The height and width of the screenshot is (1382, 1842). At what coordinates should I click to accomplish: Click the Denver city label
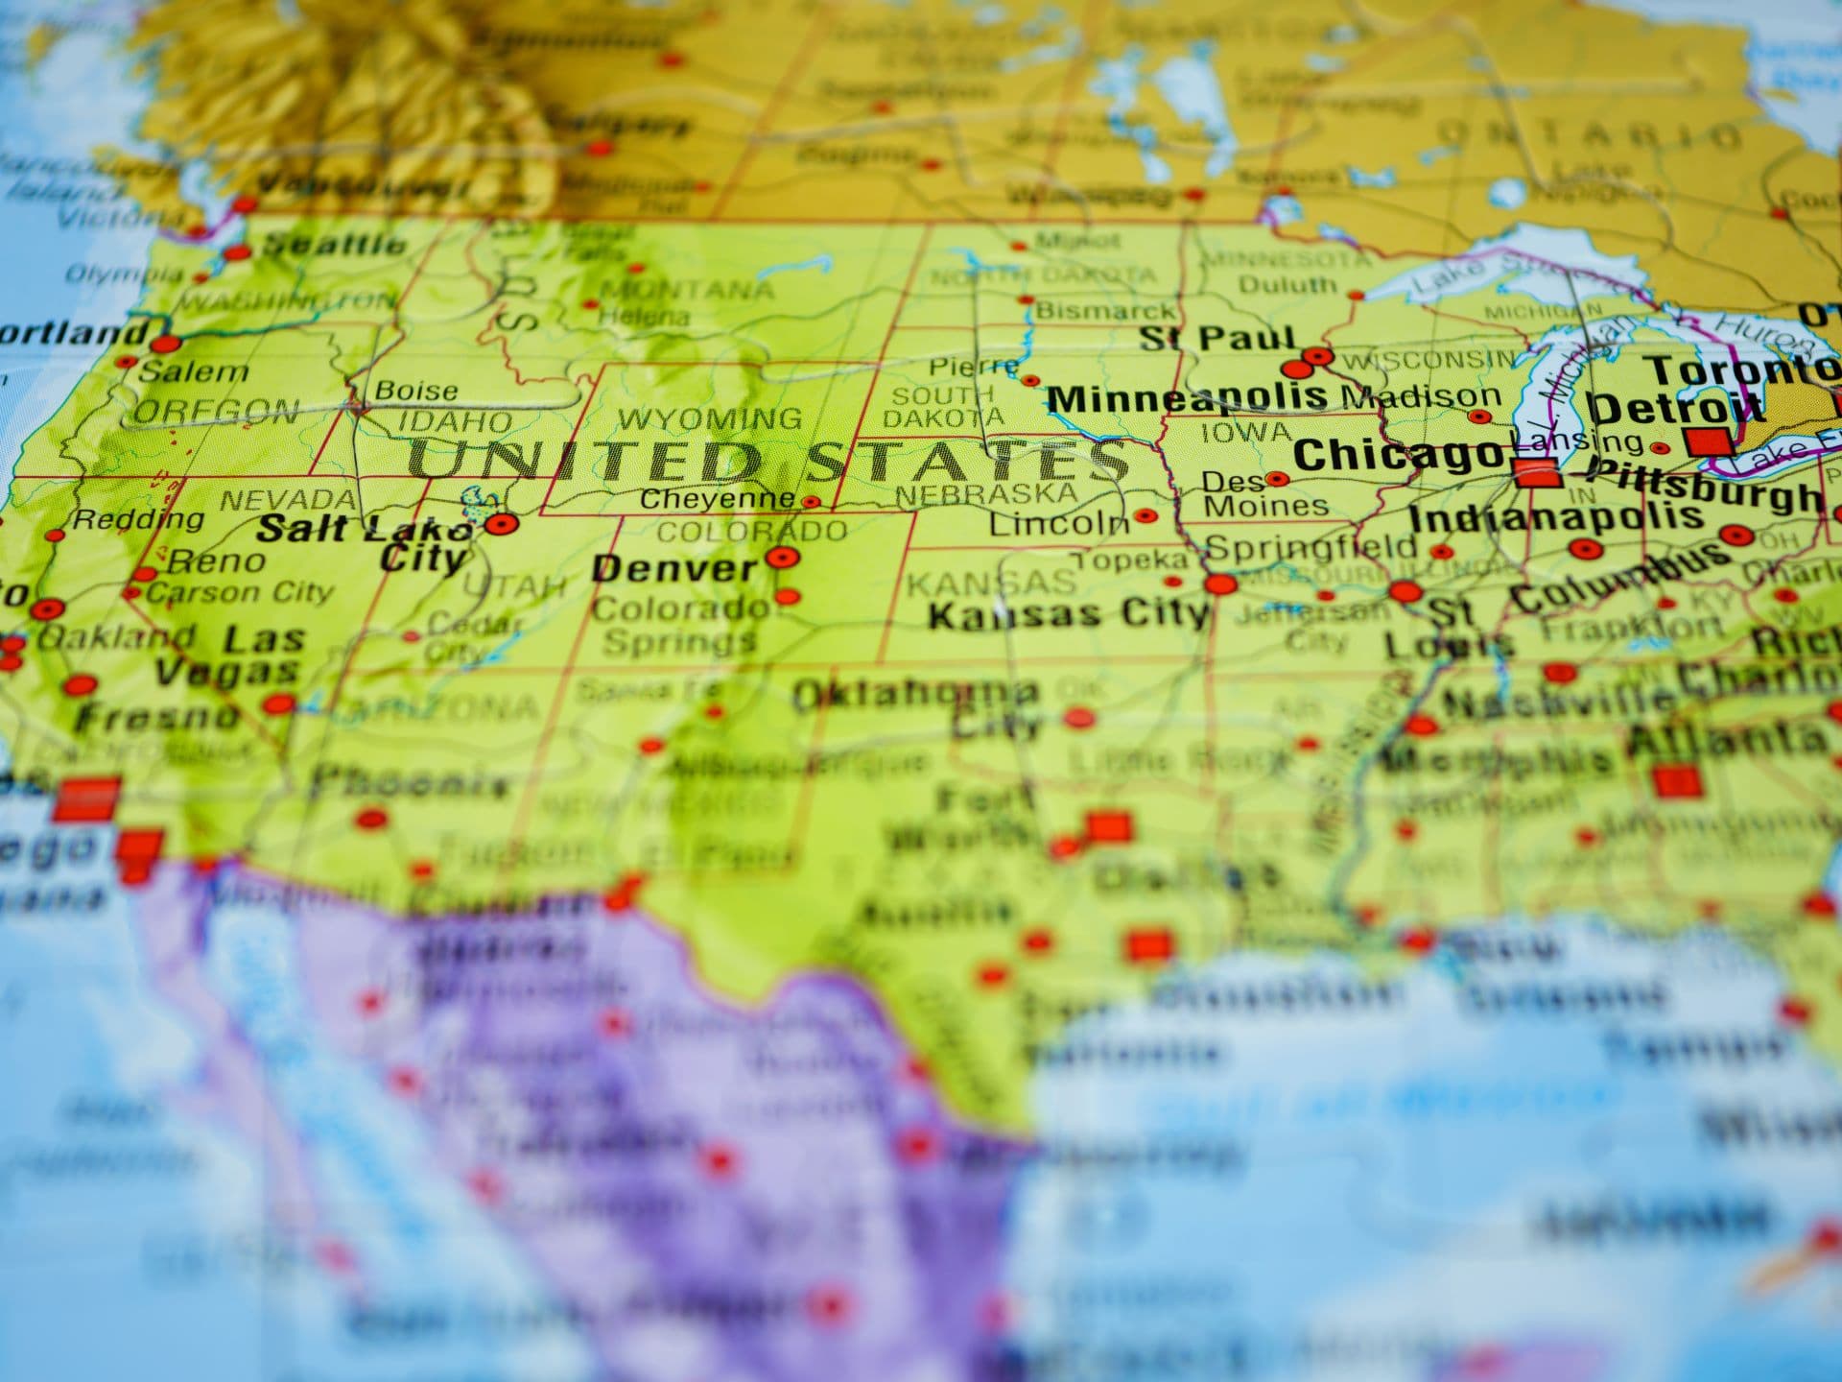pos(674,568)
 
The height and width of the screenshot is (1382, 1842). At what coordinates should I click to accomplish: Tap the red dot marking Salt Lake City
pos(500,524)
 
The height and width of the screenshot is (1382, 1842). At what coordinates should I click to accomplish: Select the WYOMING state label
pos(710,418)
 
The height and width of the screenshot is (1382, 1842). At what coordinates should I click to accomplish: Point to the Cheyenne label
pos(718,498)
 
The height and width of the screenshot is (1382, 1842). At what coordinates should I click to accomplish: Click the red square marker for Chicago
pos(1536,472)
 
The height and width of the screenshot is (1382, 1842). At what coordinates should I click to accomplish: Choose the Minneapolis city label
pos(1187,397)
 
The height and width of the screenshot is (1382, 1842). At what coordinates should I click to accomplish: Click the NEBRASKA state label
pos(986,494)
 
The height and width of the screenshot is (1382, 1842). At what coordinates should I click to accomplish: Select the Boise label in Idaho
pos(416,391)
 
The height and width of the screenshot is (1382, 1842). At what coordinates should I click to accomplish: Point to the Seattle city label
pos(334,245)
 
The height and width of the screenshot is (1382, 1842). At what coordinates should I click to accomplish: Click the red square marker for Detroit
pos(1709,441)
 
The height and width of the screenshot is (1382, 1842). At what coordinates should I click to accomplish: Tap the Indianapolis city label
pos(1554,518)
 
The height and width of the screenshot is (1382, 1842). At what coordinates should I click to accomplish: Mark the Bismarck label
pos(1104,311)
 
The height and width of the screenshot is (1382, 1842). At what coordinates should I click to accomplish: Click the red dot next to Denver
pos(782,557)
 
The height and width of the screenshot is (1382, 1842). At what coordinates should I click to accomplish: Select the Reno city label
pos(216,560)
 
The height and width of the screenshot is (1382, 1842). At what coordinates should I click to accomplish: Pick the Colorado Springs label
pos(680,624)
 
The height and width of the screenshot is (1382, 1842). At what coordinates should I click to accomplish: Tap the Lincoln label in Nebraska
pos(1059,523)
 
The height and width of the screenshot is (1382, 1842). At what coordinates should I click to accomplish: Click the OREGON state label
pos(216,413)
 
